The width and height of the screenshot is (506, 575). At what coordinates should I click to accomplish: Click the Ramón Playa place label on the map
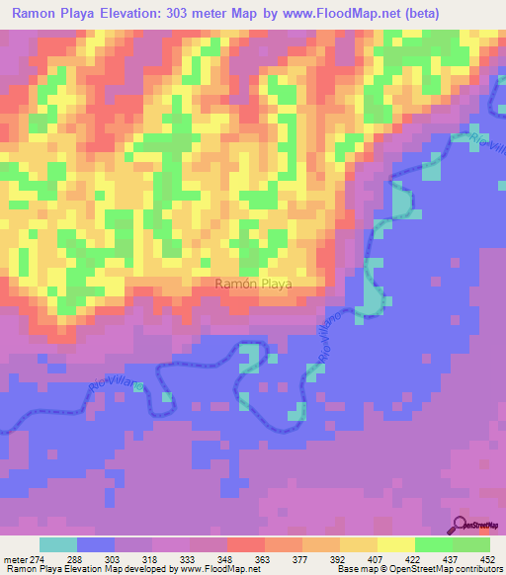coord(254,284)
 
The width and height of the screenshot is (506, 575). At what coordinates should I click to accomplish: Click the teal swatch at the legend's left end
coord(58,545)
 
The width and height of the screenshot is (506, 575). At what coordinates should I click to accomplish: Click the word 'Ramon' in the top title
coord(37,13)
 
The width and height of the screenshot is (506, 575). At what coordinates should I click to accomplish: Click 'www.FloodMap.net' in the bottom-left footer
coord(211,570)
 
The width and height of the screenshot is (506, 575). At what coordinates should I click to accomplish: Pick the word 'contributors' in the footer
coord(478,570)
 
